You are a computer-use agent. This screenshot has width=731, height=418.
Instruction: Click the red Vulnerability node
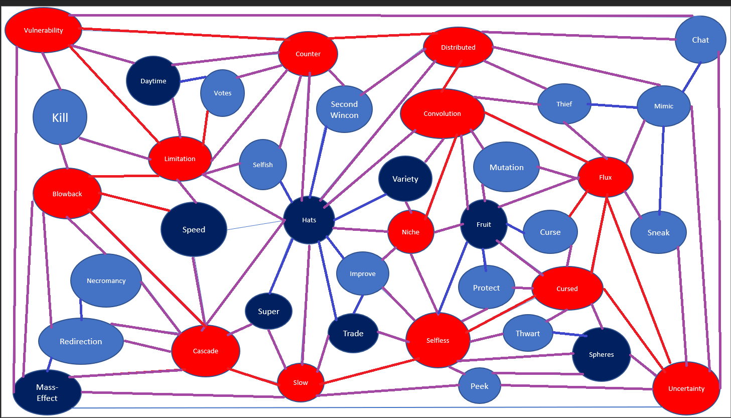click(43, 30)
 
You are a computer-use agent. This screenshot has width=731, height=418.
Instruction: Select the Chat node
click(700, 40)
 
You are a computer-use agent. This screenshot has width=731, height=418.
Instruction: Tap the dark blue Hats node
click(309, 220)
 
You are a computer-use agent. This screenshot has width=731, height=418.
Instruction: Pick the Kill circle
click(60, 117)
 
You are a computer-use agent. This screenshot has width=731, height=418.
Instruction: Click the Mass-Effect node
click(47, 392)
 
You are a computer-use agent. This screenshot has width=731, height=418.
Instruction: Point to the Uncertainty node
click(686, 388)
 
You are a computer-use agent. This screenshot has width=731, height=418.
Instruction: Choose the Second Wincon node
click(344, 109)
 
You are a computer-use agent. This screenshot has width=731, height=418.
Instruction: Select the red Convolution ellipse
click(442, 113)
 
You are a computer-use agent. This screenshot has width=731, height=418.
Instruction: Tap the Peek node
click(479, 386)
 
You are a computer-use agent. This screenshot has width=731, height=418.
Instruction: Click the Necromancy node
click(106, 281)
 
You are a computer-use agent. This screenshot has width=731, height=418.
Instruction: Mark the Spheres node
click(601, 354)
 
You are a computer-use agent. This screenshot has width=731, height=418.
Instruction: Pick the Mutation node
click(506, 167)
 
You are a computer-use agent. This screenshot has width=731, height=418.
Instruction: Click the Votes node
click(222, 93)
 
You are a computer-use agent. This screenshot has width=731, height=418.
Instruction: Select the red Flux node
click(605, 177)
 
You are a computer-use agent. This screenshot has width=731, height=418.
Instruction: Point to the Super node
click(268, 311)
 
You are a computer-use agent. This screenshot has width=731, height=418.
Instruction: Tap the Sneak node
click(658, 232)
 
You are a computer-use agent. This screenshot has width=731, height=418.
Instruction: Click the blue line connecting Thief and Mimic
click(614, 106)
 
